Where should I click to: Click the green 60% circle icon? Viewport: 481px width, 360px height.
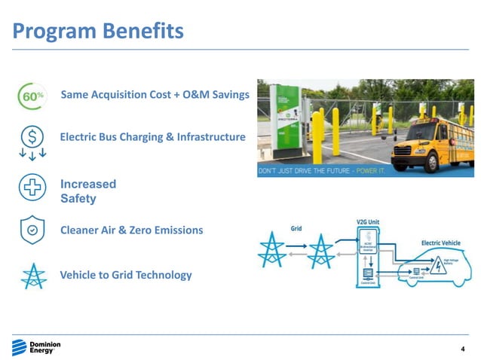point(31,96)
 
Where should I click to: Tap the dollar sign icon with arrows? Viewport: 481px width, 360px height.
point(32,141)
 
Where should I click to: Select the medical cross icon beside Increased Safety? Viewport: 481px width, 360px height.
point(32,188)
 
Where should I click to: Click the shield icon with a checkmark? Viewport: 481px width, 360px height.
point(32,230)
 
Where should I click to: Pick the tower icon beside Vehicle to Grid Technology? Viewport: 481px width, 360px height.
point(32,276)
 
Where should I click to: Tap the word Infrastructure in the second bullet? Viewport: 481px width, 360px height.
point(208,137)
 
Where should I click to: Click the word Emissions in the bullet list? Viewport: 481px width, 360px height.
point(177,230)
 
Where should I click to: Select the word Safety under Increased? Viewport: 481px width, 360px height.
point(78,200)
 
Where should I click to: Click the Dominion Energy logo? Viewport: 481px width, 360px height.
point(36,347)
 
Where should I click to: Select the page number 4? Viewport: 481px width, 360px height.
point(463,349)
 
